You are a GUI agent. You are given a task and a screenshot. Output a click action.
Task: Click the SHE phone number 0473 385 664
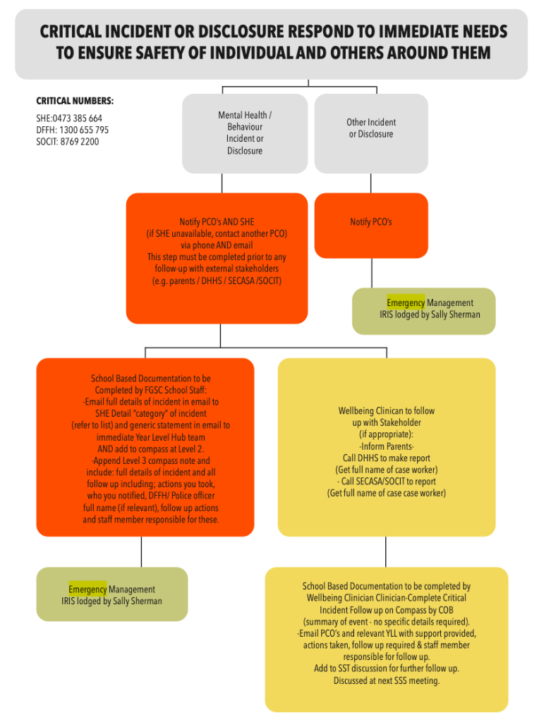[x=77, y=118]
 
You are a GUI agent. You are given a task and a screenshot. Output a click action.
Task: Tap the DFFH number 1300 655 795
[x=84, y=130]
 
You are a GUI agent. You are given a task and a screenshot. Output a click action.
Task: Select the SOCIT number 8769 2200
[x=79, y=142]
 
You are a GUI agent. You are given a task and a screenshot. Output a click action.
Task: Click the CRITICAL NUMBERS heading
[x=75, y=101]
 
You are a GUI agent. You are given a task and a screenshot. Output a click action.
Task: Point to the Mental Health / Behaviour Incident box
[x=245, y=133]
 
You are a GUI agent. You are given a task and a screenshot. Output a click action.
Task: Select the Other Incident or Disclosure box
[x=371, y=133]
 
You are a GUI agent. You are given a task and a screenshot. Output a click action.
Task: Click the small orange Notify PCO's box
[x=371, y=225]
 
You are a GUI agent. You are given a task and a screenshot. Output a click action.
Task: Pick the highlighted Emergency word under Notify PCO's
[x=406, y=302]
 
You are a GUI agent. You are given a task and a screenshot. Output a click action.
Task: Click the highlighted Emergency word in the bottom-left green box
[x=87, y=589]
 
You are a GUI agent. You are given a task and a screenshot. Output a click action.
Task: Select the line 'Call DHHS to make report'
[x=386, y=458]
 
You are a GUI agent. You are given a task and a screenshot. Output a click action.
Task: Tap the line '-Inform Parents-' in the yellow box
[x=386, y=446]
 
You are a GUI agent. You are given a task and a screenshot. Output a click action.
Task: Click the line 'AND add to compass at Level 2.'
[x=151, y=449]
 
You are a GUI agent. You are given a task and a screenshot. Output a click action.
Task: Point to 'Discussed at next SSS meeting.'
[x=387, y=680]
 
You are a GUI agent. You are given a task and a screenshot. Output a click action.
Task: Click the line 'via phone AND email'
[x=217, y=245]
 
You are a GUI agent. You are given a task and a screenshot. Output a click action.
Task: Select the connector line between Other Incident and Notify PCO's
[x=371, y=183]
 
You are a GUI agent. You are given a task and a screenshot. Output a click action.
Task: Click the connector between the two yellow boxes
[x=386, y=551]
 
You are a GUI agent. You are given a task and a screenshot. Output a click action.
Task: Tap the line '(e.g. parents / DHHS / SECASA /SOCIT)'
[x=217, y=281]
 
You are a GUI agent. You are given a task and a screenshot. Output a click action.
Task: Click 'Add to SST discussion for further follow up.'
[x=387, y=668]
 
